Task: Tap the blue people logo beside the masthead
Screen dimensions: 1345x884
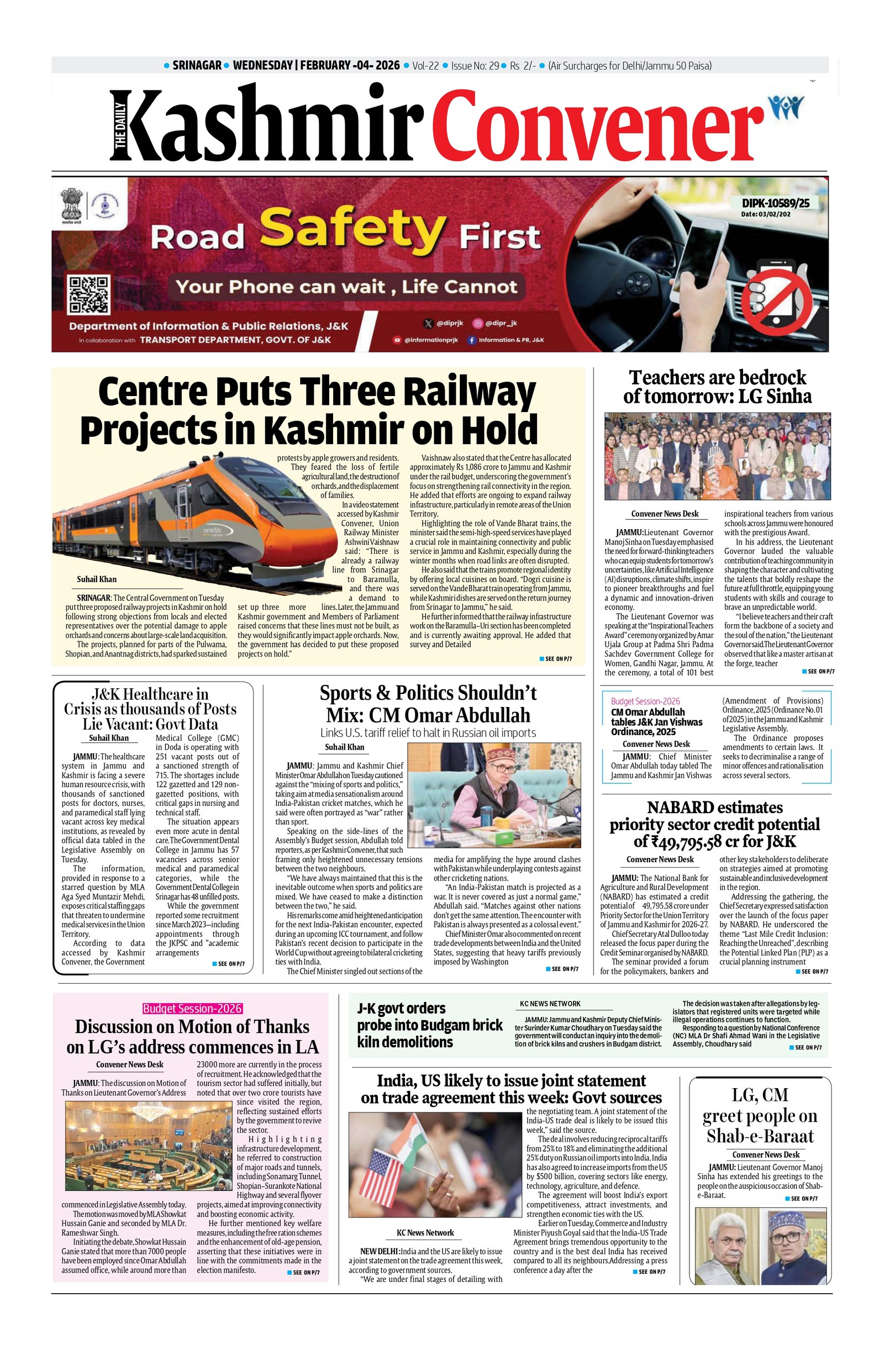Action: point(786,106)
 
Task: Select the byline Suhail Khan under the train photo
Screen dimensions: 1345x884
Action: point(97,579)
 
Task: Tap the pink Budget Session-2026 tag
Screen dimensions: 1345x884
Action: point(192,1008)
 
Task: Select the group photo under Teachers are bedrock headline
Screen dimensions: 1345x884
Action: point(717,456)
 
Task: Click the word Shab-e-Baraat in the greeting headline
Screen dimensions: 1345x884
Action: point(760,1136)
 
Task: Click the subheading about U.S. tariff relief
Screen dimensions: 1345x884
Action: point(428,733)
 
